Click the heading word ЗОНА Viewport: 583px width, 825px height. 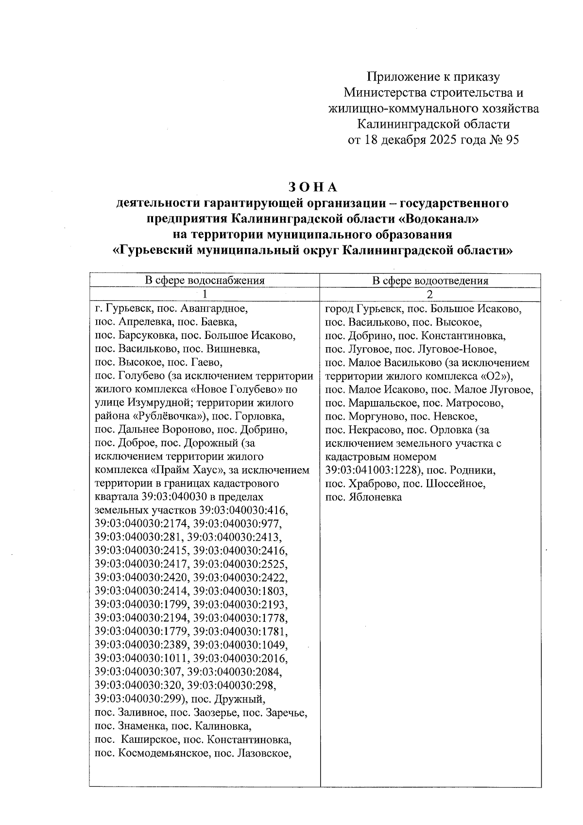coord(312,187)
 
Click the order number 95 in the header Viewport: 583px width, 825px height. coord(512,140)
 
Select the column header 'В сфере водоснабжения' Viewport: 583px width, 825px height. coord(205,280)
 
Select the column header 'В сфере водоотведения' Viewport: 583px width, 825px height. coord(430,280)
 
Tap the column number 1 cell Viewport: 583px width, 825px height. coord(205,294)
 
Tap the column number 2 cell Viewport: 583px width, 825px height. coord(430,294)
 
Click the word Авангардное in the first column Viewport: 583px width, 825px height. coord(218,308)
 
